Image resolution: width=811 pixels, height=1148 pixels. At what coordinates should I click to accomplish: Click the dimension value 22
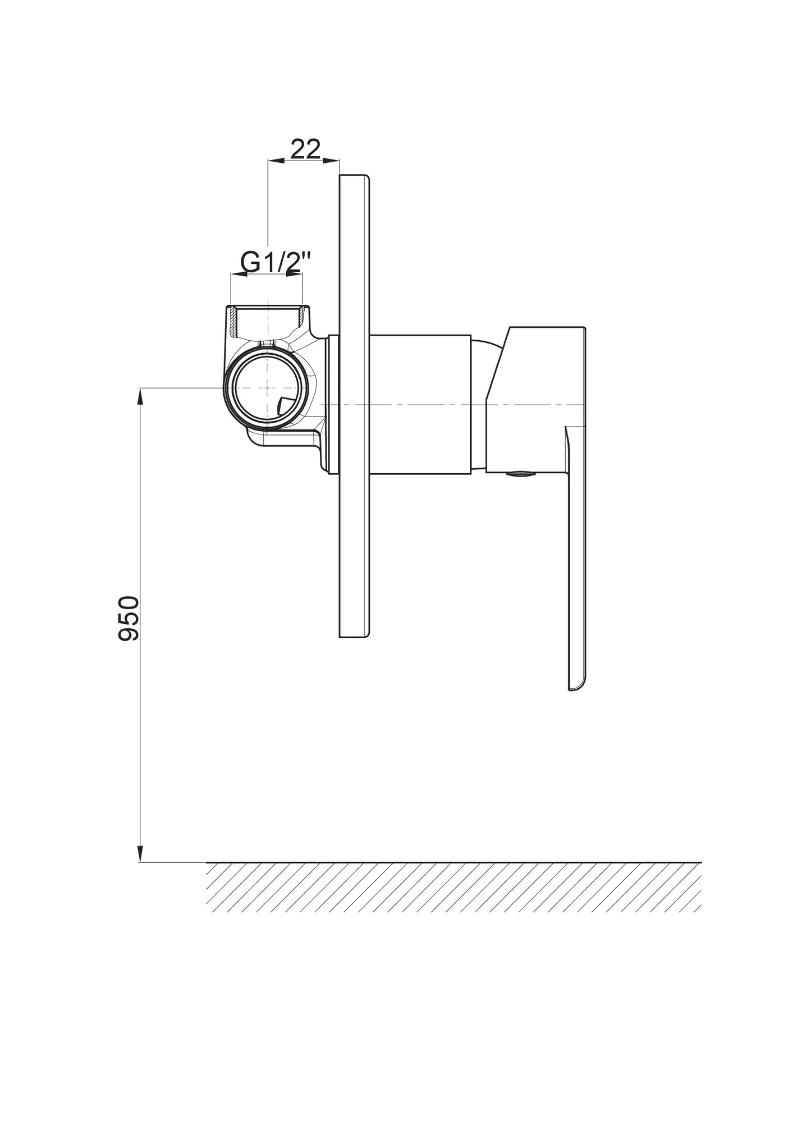point(305,149)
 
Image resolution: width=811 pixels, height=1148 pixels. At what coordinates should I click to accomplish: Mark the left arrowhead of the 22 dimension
point(276,161)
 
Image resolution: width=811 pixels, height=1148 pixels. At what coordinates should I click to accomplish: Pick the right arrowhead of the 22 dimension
point(332,161)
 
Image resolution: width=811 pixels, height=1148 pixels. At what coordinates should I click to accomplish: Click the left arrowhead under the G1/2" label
point(239,274)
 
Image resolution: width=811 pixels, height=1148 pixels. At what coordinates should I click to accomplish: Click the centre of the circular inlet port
point(267,388)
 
